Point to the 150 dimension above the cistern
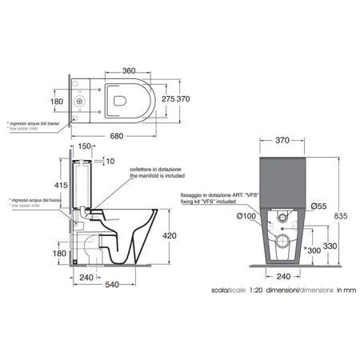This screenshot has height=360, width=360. point(86,147)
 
